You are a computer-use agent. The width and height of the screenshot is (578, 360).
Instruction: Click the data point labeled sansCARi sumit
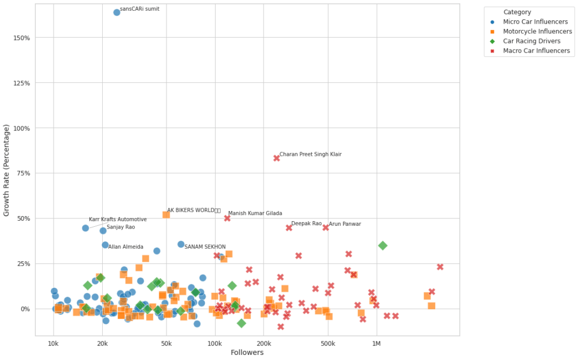[x=117, y=12]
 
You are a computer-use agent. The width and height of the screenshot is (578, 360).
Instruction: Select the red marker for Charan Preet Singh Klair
[x=277, y=158]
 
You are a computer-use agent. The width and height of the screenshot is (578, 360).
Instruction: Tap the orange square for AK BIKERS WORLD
[x=166, y=214]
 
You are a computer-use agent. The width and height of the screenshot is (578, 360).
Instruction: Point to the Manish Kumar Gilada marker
[x=227, y=218]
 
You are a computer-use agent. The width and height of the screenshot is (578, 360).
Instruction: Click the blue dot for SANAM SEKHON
[x=181, y=244]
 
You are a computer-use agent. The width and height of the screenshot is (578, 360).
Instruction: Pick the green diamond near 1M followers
[x=383, y=245]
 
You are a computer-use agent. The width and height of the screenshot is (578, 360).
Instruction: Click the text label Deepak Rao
[x=306, y=224]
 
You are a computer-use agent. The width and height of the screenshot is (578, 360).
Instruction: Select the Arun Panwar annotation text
[x=344, y=224]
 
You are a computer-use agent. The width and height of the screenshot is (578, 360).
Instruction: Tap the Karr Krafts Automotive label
[x=117, y=219]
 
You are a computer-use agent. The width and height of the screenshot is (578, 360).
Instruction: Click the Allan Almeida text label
[x=125, y=247]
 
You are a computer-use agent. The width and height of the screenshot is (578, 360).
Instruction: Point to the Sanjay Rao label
[x=121, y=227]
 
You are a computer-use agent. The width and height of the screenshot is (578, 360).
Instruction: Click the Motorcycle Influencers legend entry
[x=532, y=32]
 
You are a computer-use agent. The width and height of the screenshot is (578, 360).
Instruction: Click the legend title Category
[x=517, y=12]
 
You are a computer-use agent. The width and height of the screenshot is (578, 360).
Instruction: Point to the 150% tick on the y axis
[x=21, y=38]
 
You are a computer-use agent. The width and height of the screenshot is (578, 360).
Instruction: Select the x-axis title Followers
[x=247, y=353]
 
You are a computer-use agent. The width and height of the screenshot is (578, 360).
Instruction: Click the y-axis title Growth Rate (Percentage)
[x=7, y=170]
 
